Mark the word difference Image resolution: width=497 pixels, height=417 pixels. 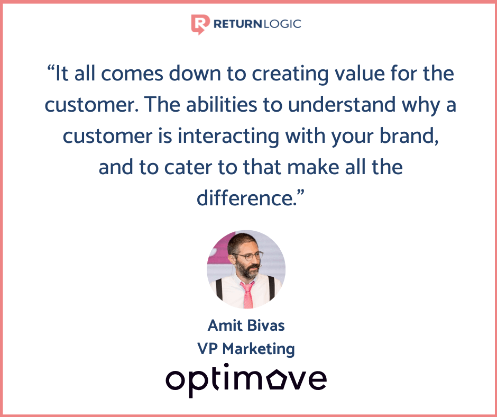[x=247, y=198]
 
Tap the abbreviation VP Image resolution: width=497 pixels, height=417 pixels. [x=207, y=349]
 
